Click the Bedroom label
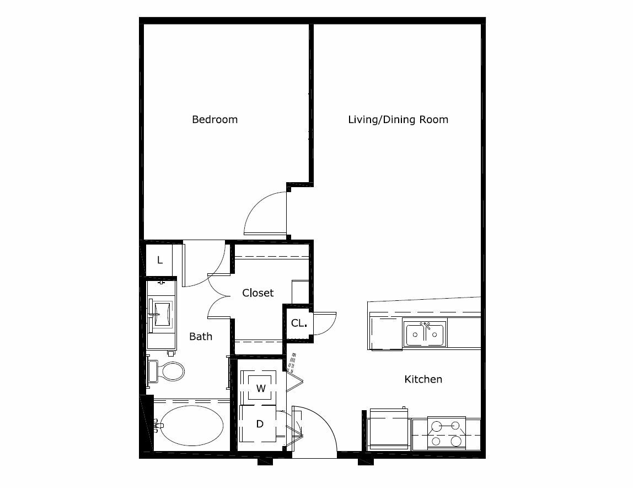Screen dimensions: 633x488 [x=215, y=120]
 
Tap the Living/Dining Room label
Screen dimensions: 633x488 [x=398, y=120]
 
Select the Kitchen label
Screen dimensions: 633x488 [x=423, y=379]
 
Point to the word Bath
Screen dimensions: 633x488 [x=201, y=336]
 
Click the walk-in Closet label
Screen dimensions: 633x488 [x=258, y=293]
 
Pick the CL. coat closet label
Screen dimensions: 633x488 [x=299, y=323]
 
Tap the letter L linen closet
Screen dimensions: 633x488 [x=160, y=260]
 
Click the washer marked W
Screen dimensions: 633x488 [x=261, y=388]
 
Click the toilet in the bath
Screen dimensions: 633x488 [x=167, y=371]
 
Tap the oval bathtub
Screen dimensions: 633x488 [x=191, y=426]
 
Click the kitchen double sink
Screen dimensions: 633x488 [x=425, y=334]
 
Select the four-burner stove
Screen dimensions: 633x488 [x=446, y=433]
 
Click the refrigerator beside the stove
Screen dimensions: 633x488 [x=388, y=429]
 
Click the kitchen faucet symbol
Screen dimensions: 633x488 [x=425, y=326]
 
